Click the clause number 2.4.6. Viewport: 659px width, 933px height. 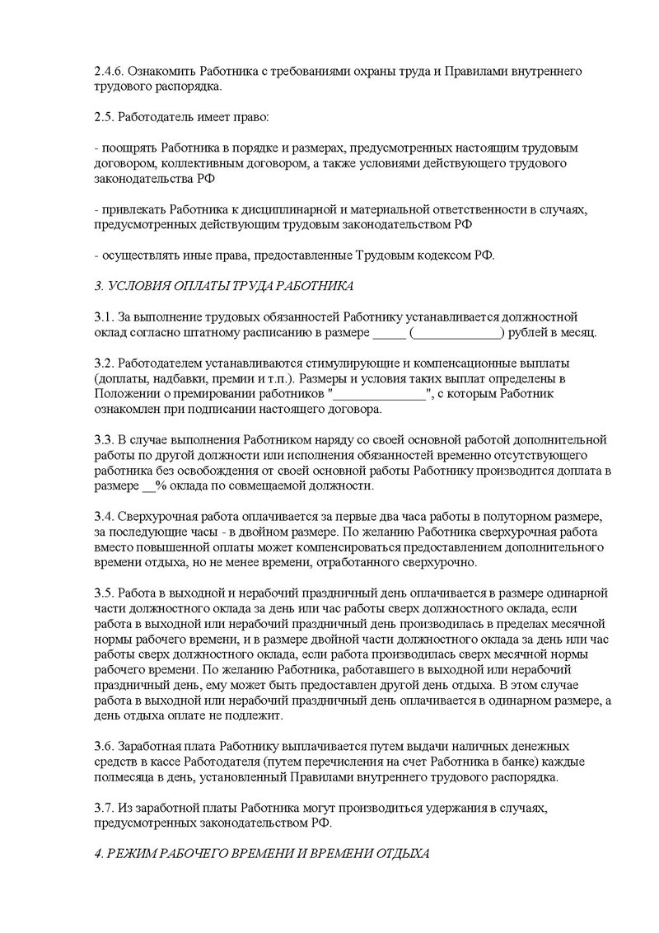tap(110, 72)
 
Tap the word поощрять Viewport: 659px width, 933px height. tap(130, 149)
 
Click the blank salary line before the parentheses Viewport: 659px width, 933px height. tap(389, 333)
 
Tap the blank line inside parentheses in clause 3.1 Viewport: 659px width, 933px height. tap(458, 333)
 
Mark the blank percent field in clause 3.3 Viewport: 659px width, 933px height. tap(148, 486)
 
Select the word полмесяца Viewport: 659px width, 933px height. tap(124, 776)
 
